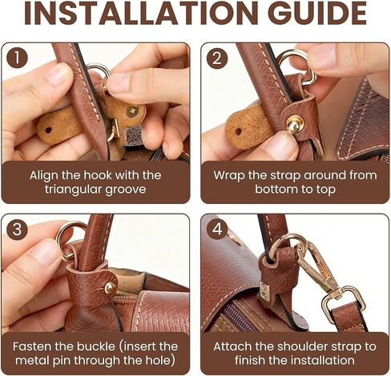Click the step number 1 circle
pos(17,58)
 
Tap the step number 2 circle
pos(217,58)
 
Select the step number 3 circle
pos(17,230)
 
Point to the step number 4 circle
pos(217,230)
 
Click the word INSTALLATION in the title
pos(141,13)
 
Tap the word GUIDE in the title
pos(317,13)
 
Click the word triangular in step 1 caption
pos(72,190)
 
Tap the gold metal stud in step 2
pos(295,123)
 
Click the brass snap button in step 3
pos(110,287)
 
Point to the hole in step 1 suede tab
pos(48,130)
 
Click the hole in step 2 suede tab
pos(239,132)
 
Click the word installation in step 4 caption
pos(321,361)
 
